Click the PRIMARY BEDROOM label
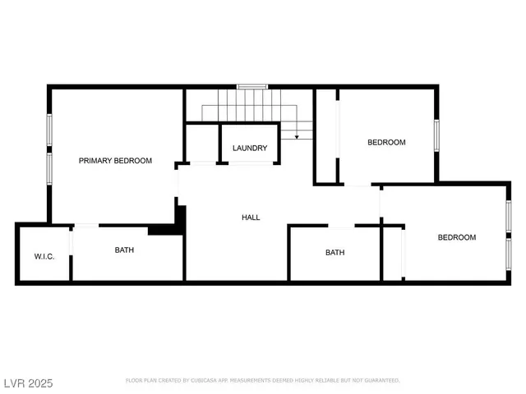click(x=115, y=161)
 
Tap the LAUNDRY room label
click(x=250, y=148)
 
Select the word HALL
click(x=251, y=218)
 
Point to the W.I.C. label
click(x=44, y=257)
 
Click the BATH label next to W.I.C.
click(x=125, y=250)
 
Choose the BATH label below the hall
click(x=335, y=253)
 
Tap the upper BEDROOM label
click(x=386, y=142)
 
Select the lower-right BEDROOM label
click(x=456, y=237)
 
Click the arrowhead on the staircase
click(x=296, y=137)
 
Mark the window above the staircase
click(x=252, y=86)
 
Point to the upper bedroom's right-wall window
click(x=437, y=135)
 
